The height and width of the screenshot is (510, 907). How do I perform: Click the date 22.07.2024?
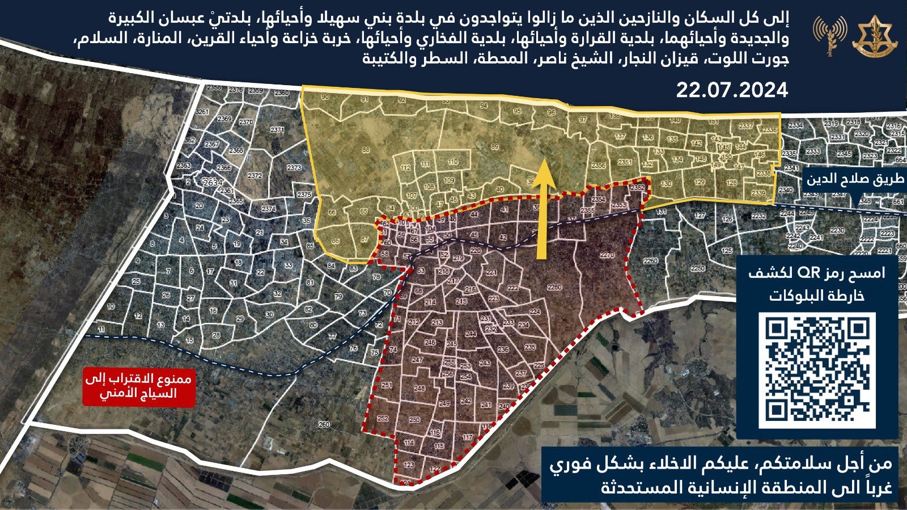coord(732,90)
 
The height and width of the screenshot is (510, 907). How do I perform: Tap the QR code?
coord(817,370)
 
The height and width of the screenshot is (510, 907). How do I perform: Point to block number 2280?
coord(554,288)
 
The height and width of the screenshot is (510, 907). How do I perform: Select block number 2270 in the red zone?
coord(607,255)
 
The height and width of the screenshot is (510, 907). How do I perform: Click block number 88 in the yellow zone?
coord(366,150)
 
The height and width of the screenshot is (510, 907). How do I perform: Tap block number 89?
coord(494,147)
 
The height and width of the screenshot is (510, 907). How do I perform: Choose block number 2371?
coord(277,130)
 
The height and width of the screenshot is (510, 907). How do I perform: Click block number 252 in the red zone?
coord(382,418)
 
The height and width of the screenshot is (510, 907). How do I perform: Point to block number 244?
coord(471,334)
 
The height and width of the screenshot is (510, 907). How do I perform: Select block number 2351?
coord(625,162)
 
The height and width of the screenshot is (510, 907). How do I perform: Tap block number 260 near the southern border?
coord(324,424)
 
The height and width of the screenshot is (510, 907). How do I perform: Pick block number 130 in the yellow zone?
coord(666,184)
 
